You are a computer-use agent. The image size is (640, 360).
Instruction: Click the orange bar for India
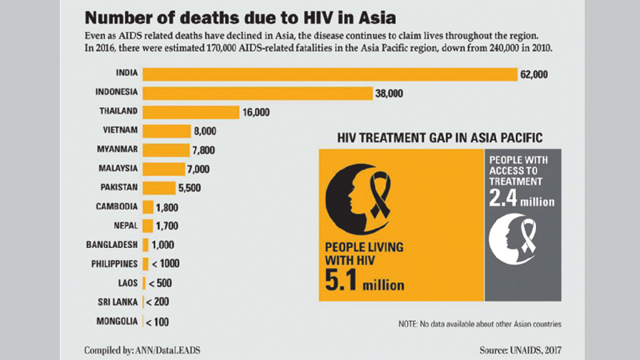coord(330,74)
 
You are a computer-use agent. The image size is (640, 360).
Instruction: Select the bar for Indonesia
coord(257,94)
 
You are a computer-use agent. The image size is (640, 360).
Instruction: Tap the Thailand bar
coord(190,112)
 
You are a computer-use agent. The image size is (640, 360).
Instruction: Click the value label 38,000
coord(390,94)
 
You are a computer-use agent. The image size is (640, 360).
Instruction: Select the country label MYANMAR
coord(117,150)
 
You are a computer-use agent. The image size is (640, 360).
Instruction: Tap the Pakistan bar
coord(158,188)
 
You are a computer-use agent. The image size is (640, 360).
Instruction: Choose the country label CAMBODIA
coord(115,206)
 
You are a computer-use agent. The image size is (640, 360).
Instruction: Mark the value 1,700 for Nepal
coord(167,226)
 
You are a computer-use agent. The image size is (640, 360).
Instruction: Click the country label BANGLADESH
coord(112,244)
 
